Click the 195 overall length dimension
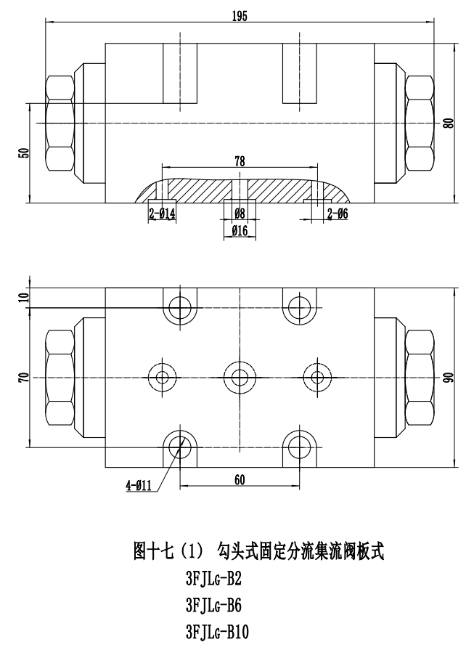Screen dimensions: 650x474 pos(240,17)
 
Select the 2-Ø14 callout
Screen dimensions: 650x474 pos(163,214)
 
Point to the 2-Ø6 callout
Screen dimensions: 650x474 pos(338,214)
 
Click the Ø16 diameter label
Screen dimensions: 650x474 pos(240,230)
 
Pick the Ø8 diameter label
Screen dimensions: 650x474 pos(240,214)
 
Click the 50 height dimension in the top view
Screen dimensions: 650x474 pos(24,153)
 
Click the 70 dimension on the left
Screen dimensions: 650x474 pos(24,377)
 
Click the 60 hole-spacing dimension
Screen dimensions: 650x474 pos(240,479)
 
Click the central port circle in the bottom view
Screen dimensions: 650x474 pos(240,377)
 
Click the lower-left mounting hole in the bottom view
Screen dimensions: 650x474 pos(179,444)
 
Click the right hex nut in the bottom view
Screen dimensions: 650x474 pos(420,377)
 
